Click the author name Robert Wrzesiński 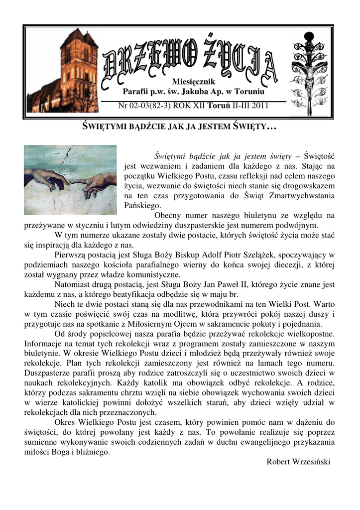[299, 461]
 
